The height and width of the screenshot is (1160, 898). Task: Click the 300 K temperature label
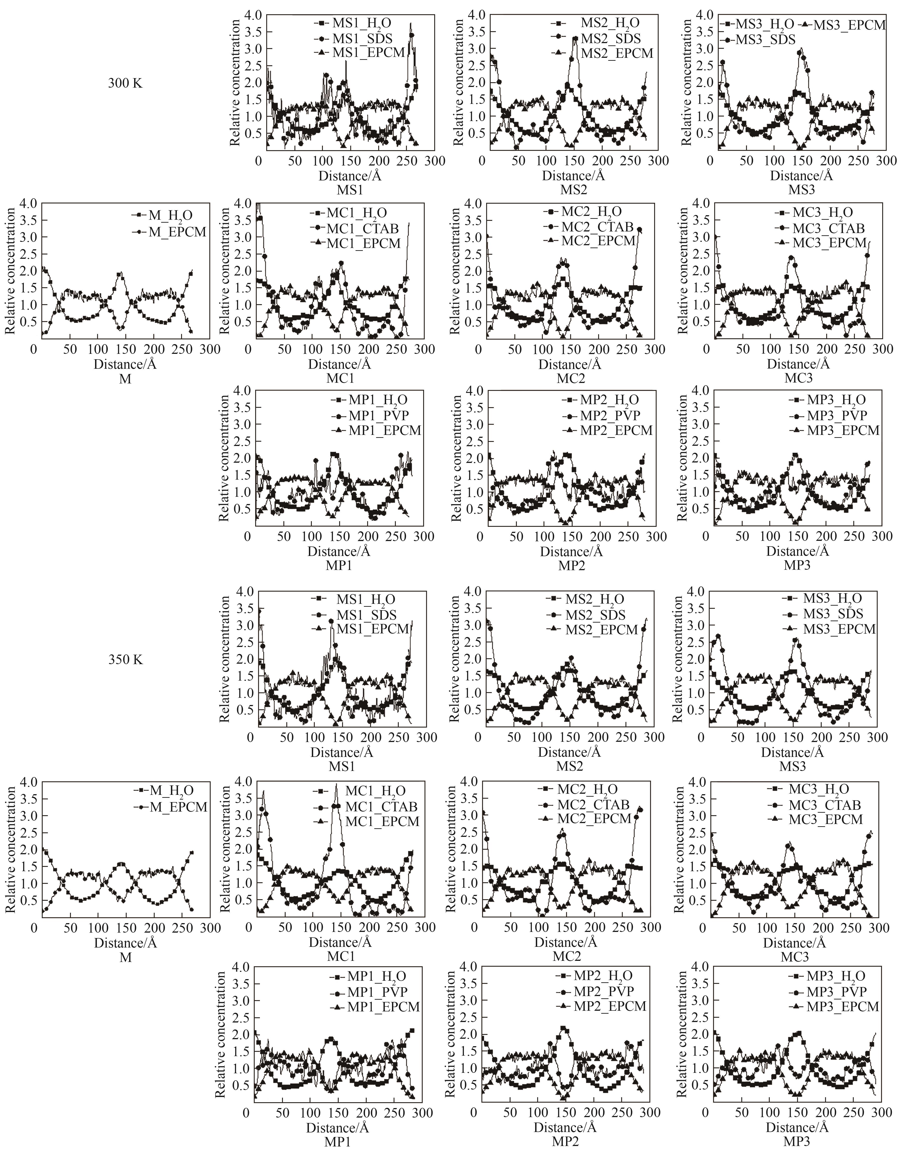click(125, 83)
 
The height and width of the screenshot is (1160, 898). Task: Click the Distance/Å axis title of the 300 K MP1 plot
click(339, 551)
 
